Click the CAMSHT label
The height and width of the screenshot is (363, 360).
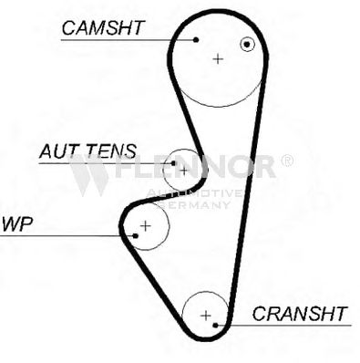103,28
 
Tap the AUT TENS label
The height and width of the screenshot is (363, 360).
88,151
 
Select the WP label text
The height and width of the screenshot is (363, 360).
17,224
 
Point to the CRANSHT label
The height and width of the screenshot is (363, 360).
300,314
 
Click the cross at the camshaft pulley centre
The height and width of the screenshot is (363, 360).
218,58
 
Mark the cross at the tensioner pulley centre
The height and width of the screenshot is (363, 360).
184,171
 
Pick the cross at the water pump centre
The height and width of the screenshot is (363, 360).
146,226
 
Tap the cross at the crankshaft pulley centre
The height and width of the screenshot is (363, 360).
206,316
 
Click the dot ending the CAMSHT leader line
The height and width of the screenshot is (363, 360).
196,39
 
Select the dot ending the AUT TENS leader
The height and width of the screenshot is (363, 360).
173,163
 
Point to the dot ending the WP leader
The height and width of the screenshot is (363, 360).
136,235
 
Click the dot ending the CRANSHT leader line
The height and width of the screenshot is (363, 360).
215,326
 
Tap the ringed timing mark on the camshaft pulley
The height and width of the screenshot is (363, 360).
247,45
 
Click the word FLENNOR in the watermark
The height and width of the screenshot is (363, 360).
195,167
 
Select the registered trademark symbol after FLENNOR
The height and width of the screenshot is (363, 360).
286,161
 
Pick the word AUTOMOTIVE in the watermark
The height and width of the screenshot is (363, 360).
194,192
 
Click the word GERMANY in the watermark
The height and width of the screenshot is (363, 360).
195,204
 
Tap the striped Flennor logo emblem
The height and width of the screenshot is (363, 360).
88,175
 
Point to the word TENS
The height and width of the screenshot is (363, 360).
111,151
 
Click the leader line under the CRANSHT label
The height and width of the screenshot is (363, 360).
283,326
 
